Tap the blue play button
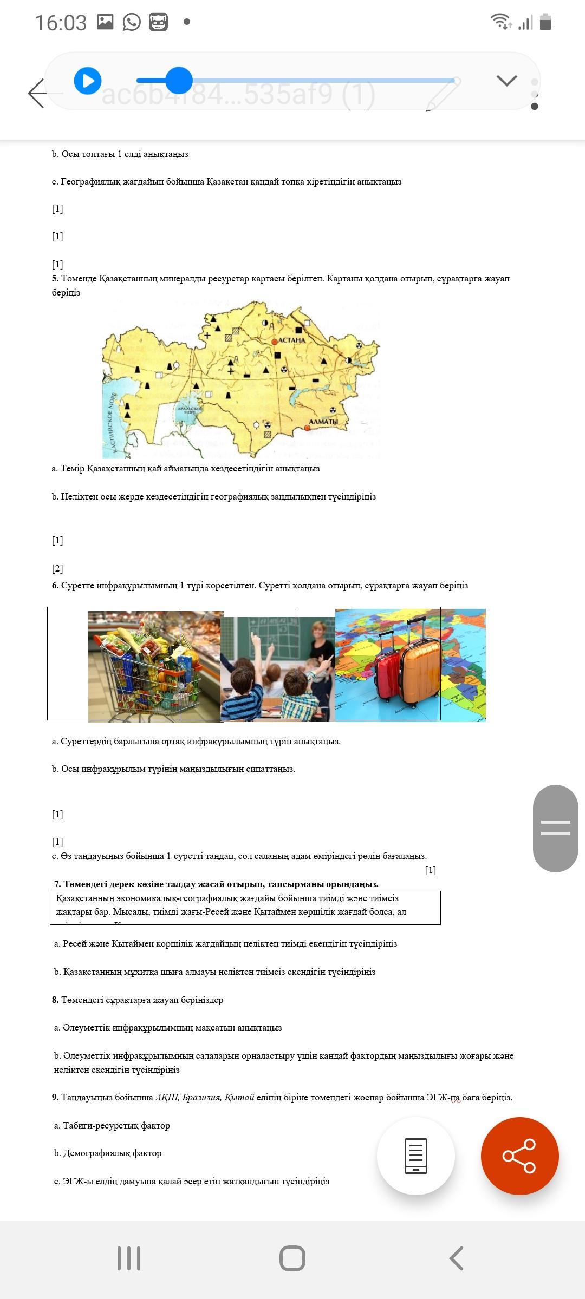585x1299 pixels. pos(88,81)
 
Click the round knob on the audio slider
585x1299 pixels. pos(178,81)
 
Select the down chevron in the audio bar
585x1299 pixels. pos(506,81)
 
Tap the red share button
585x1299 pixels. pos(519,1156)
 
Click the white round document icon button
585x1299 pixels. pos(415,1156)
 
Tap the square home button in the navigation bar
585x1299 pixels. pos(292,1258)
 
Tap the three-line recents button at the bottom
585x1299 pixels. pos(129,1258)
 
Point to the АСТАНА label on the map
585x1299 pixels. pos(292,340)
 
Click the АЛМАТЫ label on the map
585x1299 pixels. pos(323,421)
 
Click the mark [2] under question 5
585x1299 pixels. pos(57,568)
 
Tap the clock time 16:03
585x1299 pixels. pos(61,23)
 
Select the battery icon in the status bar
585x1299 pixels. pos(545,22)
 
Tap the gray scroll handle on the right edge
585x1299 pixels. pos(555,828)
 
